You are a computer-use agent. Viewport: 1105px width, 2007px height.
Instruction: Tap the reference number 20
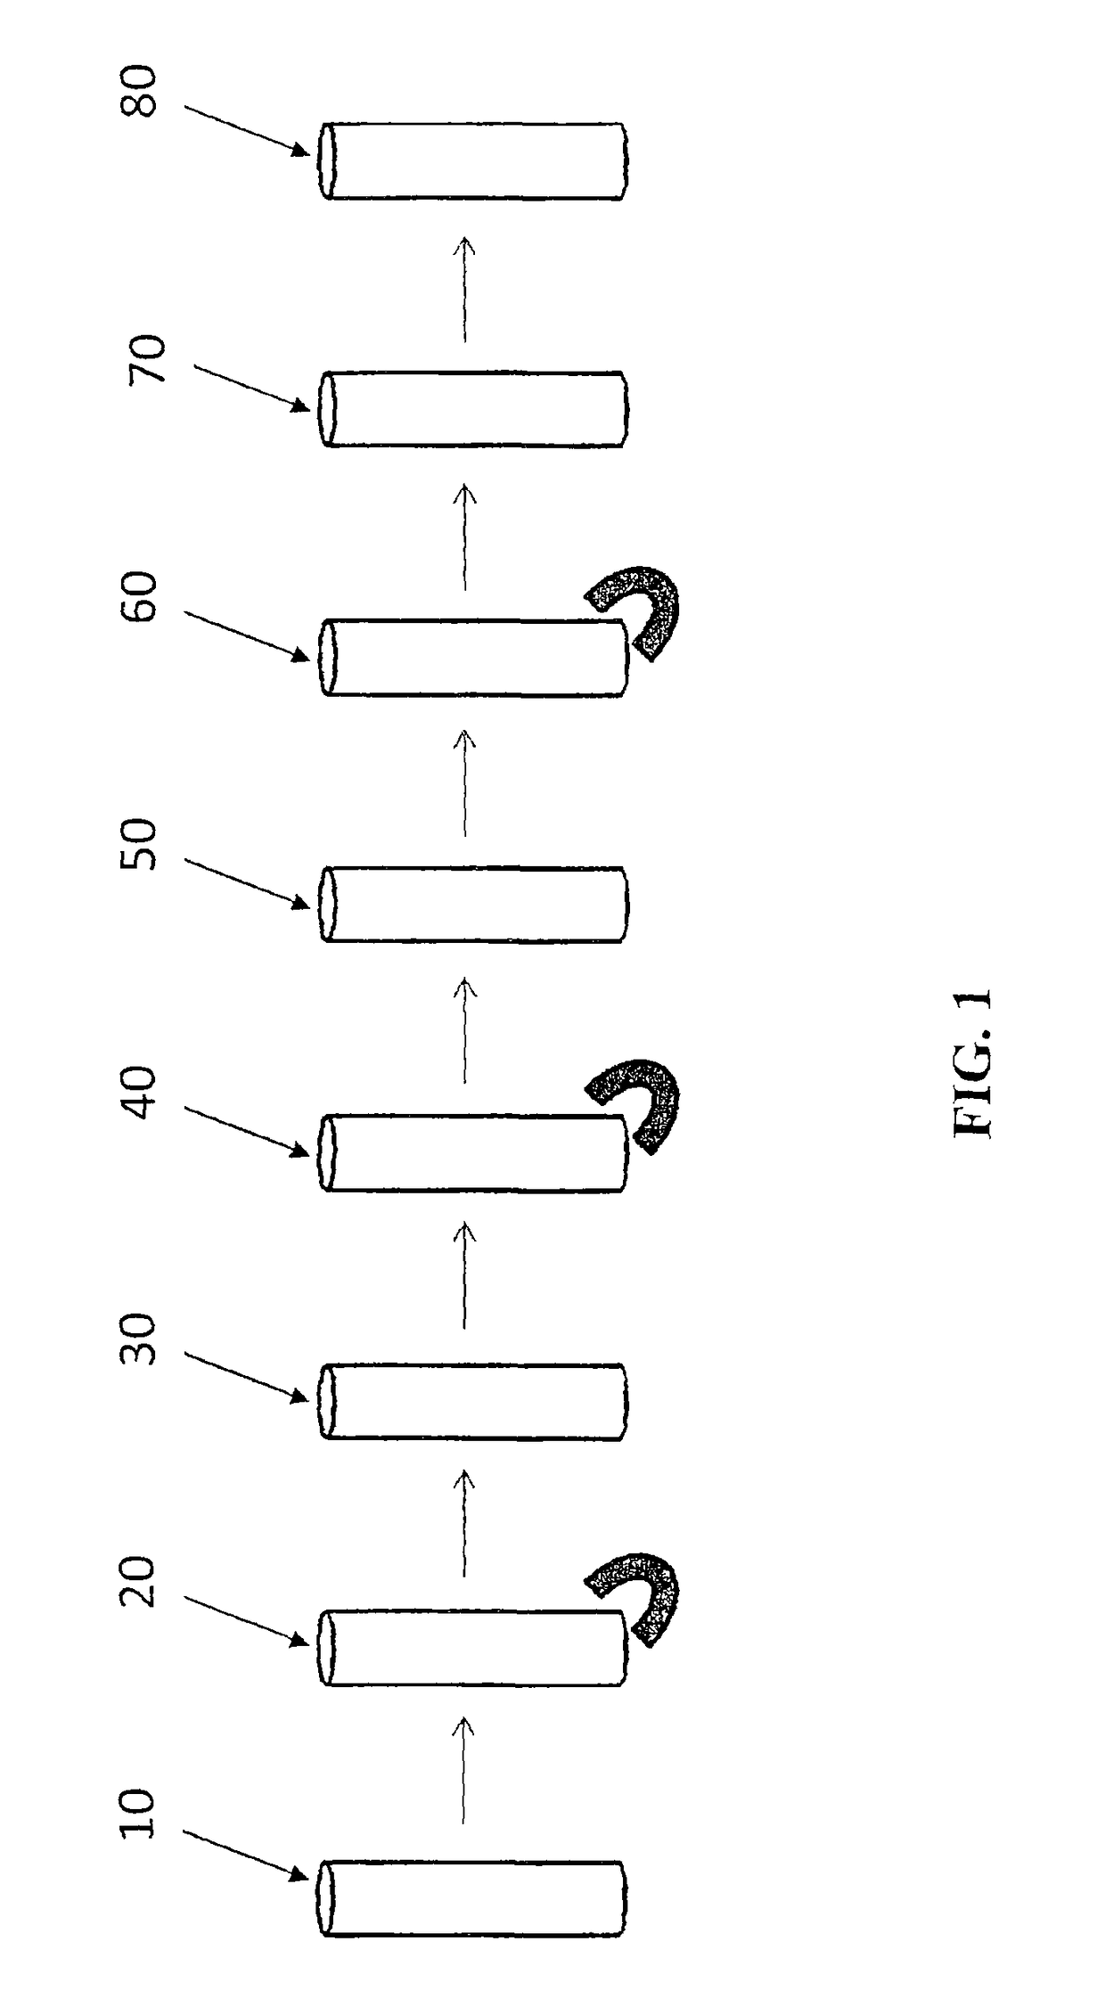(x=138, y=1582)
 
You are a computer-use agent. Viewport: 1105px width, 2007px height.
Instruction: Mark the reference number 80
(x=138, y=93)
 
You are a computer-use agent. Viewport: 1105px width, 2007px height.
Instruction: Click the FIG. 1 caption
(x=973, y=1062)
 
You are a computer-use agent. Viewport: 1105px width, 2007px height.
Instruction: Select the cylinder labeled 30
(x=472, y=1401)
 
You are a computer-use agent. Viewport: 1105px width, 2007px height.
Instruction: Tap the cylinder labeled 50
(x=472, y=904)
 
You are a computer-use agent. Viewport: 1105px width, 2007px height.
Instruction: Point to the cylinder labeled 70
(x=472, y=408)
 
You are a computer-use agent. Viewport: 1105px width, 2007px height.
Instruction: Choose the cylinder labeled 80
(x=472, y=160)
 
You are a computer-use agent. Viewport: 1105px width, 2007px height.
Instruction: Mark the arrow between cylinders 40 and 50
(x=463, y=1029)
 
